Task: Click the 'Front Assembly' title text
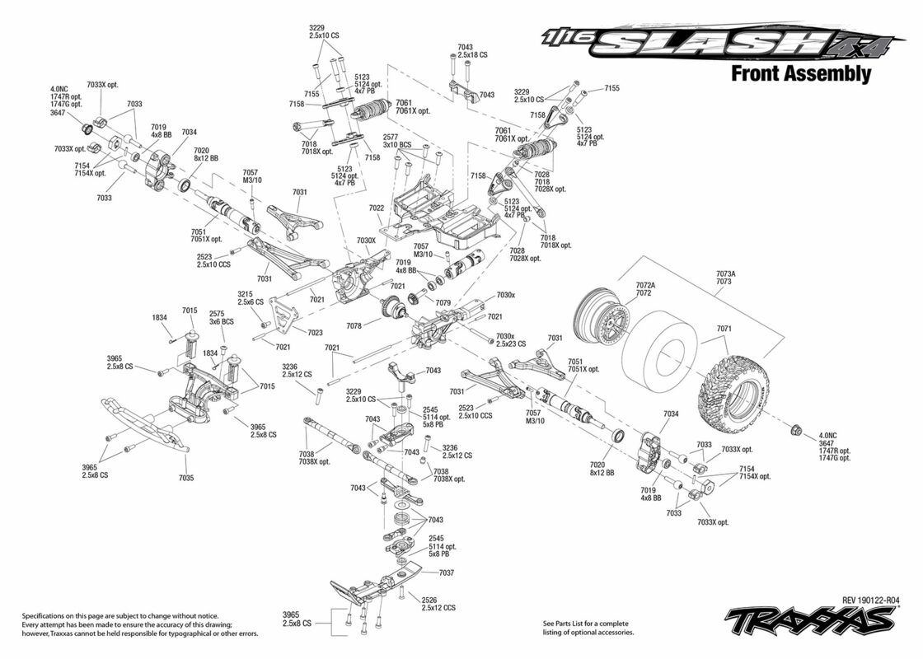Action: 800,73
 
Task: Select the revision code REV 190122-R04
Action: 870,601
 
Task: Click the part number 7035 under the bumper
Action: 186,478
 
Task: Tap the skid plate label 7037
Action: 447,573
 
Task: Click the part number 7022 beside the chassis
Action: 376,208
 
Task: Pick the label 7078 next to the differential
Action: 354,326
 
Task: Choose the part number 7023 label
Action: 315,333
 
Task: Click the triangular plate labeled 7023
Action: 281,315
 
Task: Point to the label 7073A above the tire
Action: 726,273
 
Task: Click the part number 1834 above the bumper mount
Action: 160,317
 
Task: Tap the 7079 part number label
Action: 443,302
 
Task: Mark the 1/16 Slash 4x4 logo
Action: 722,43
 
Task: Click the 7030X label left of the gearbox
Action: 366,241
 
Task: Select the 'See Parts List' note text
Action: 588,628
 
